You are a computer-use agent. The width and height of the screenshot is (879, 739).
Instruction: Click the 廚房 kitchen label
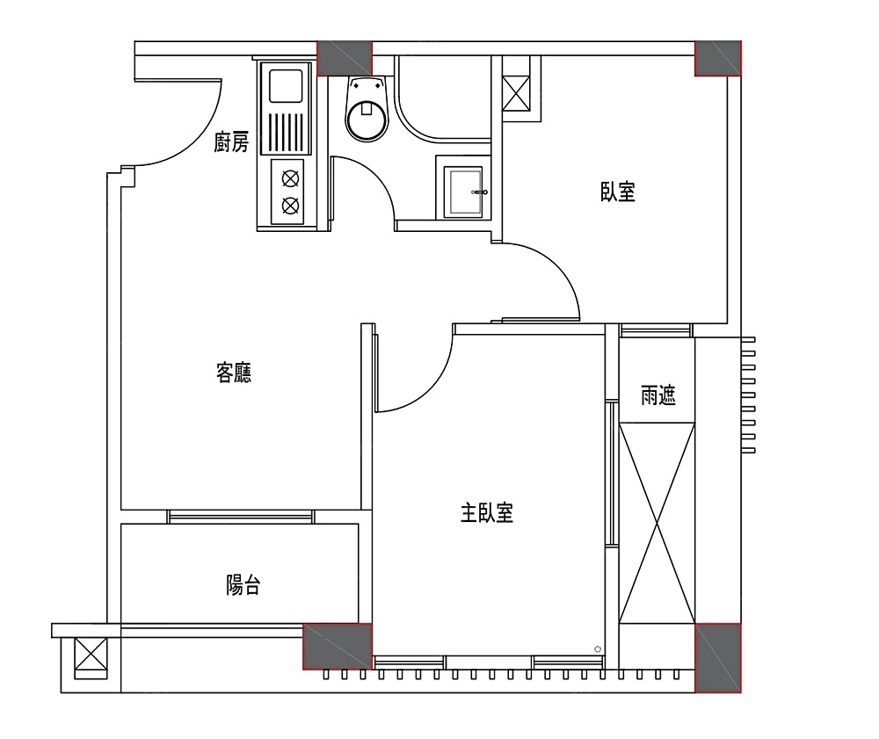[x=231, y=142]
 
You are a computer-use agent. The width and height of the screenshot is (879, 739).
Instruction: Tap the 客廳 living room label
[x=234, y=373]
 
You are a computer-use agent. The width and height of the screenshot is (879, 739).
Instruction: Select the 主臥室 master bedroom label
[x=487, y=512]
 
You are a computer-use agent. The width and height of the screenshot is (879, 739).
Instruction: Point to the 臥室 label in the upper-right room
[x=618, y=192]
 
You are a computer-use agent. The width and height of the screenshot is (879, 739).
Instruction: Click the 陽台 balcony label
[x=243, y=585]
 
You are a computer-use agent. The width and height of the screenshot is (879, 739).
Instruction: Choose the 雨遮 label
[x=658, y=395]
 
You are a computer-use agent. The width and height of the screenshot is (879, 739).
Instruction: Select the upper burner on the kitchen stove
[x=290, y=178]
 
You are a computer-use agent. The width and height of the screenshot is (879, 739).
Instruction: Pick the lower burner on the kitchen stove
[x=290, y=206]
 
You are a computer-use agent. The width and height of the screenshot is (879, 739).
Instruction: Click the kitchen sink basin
[x=286, y=85]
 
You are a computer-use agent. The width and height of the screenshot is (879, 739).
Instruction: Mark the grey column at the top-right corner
[x=718, y=58]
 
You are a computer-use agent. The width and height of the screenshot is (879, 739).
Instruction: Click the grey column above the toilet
[x=345, y=58]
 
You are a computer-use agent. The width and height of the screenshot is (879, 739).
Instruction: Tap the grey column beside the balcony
[x=338, y=647]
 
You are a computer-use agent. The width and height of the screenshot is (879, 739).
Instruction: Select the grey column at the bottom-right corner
[x=718, y=658]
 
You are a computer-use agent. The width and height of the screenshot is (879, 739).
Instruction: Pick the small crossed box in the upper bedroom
[x=516, y=93]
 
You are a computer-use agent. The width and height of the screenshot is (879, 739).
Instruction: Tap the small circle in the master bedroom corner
[x=598, y=649]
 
